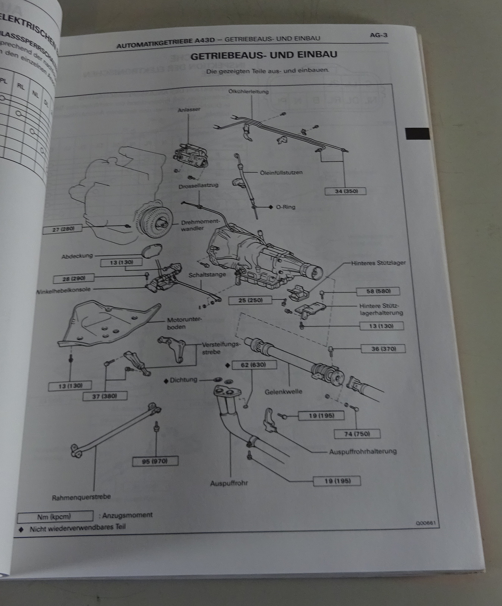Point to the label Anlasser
(x=189, y=110)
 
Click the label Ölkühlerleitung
(x=249, y=91)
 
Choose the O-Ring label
(x=286, y=207)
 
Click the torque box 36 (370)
(x=383, y=349)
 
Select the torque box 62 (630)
(x=254, y=365)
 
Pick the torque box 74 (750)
(x=357, y=434)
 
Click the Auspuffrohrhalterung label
(x=363, y=451)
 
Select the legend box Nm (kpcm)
(x=55, y=516)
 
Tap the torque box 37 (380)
(x=105, y=396)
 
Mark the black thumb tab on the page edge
(x=418, y=134)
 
